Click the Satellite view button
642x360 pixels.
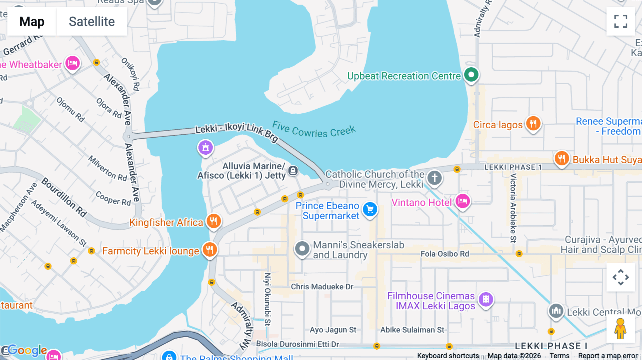[92, 22]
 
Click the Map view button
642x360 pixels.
[32, 22]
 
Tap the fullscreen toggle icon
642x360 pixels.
[621, 21]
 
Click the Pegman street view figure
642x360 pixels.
[620, 329]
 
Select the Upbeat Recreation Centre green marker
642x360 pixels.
[471, 75]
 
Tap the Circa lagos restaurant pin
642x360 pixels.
[533, 124]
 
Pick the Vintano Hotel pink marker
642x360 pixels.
[463, 201]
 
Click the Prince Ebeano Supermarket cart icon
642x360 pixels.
[370, 210]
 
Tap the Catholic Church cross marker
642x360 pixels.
[434, 178]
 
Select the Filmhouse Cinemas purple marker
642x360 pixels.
[486, 299]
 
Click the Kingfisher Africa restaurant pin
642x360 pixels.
[214, 221]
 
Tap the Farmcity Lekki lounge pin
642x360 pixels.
[210, 250]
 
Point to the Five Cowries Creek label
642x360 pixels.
[314, 130]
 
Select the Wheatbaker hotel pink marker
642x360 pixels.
[72, 63]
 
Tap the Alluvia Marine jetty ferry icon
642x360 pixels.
[293, 171]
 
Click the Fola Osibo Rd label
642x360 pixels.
[444, 254]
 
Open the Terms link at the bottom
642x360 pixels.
[559, 356]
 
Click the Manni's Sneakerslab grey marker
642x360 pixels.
[302, 248]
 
